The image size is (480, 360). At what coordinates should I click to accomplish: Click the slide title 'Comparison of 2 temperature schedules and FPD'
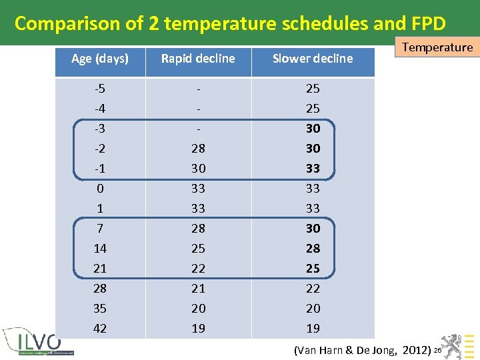230,23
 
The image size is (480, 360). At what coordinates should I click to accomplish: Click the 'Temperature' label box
437,47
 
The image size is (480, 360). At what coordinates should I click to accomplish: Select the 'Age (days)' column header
100,59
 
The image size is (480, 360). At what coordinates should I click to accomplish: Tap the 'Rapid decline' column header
198,59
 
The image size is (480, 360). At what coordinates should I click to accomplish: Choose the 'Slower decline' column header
313,59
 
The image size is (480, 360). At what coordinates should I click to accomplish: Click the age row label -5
100,88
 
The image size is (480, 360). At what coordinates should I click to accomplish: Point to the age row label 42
100,328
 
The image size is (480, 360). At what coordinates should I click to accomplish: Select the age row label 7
100,228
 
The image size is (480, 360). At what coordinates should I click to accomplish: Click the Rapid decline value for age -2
198,148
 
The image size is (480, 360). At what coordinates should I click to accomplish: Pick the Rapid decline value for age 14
198,248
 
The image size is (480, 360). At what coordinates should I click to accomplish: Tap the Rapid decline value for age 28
198,288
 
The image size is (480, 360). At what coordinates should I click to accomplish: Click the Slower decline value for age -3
313,128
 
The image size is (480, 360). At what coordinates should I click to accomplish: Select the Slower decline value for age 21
313,268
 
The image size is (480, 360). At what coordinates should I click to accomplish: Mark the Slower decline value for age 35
313,308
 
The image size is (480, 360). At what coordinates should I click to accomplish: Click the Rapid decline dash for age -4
198,108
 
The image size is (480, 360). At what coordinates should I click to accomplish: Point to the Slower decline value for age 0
313,188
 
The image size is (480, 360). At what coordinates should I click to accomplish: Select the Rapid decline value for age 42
198,328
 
